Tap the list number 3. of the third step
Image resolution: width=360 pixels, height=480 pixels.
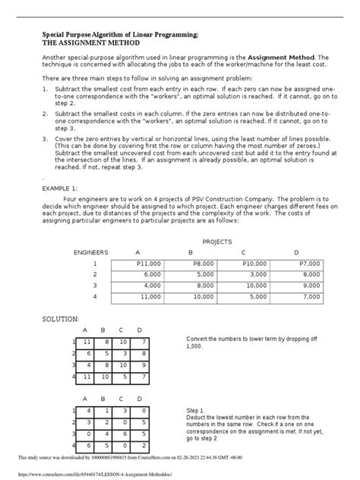click(46, 139)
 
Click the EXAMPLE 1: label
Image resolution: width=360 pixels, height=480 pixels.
click(62, 186)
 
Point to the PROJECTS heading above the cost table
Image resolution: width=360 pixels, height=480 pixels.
click(216, 241)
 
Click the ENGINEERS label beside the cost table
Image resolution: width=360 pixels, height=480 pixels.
click(90, 251)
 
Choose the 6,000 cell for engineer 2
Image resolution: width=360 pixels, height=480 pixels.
click(150, 274)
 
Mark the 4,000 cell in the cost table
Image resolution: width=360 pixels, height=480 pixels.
click(150, 286)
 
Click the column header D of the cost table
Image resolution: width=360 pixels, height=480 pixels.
click(296, 251)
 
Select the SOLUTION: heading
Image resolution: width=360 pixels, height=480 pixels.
click(62, 319)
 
